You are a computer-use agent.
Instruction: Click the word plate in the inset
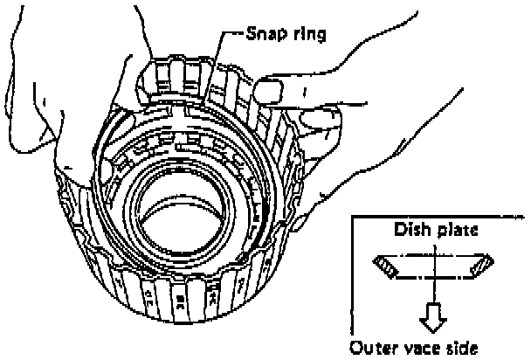click(x=457, y=234)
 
